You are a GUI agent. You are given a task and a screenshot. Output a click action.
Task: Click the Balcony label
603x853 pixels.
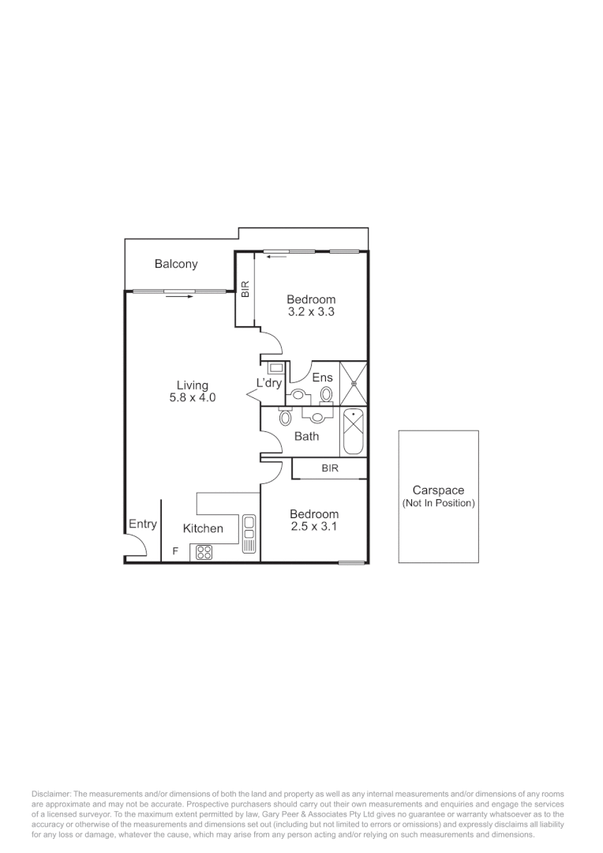(176, 265)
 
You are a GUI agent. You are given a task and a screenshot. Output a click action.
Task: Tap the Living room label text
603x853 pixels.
(192, 385)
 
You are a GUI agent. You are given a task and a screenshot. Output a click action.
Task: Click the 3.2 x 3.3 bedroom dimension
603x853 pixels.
(311, 312)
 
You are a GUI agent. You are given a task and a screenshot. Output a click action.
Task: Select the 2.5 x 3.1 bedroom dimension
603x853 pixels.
(313, 526)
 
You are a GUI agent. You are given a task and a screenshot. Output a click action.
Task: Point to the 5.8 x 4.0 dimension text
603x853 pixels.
(192, 398)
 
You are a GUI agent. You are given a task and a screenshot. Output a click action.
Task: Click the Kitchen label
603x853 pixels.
(203, 528)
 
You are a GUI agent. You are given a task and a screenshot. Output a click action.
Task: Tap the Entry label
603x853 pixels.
(143, 524)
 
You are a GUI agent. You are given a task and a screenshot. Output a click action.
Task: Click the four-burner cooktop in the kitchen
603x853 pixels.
(204, 553)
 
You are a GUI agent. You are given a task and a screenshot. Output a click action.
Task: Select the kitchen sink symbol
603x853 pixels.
(249, 533)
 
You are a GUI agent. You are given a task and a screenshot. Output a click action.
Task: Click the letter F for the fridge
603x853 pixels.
(174, 552)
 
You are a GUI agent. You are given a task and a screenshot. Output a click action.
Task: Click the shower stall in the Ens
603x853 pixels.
(354, 383)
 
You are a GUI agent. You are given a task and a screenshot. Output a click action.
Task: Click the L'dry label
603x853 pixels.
(269, 383)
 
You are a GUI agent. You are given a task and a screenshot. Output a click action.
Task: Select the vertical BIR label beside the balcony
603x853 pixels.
(245, 290)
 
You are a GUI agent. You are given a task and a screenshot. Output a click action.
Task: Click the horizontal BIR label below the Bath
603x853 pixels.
(330, 468)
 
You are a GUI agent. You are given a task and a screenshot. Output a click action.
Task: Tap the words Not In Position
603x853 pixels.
(438, 503)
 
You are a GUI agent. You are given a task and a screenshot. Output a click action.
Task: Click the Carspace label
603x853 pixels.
(438, 490)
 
